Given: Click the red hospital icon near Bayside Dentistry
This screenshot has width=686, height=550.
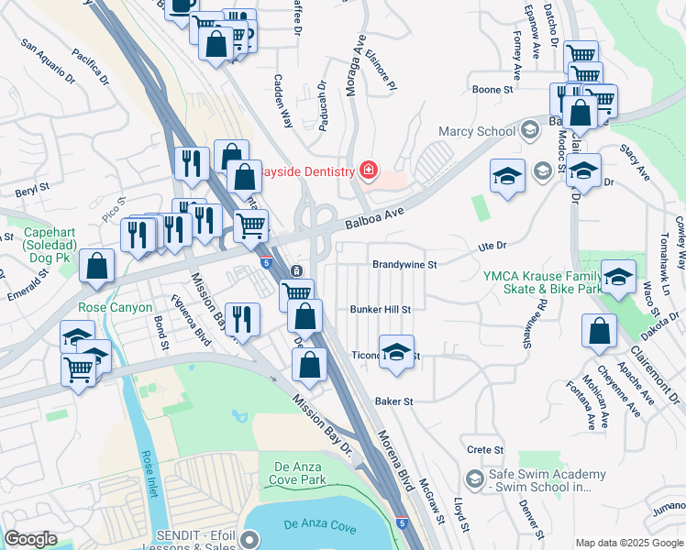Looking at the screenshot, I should [x=369, y=170].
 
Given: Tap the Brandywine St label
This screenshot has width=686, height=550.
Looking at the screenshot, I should [x=404, y=264].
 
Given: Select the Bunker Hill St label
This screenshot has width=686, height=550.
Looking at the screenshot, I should [x=380, y=310].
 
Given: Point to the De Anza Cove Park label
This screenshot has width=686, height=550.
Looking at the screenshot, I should [x=300, y=473].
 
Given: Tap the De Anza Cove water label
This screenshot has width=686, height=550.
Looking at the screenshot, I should [x=319, y=525].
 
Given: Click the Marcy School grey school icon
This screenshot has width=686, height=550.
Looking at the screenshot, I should [x=529, y=131].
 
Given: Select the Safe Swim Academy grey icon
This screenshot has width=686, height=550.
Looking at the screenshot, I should [x=474, y=478].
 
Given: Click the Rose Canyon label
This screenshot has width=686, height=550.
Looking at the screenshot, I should [x=116, y=308].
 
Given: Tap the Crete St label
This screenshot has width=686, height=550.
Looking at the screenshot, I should [x=485, y=450].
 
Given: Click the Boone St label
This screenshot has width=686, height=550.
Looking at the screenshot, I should [x=492, y=90].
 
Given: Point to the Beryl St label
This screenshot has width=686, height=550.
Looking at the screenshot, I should [x=33, y=192].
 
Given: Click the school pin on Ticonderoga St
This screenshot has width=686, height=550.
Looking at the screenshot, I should [x=396, y=353].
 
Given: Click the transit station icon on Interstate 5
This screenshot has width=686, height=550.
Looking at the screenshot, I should [x=297, y=271].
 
